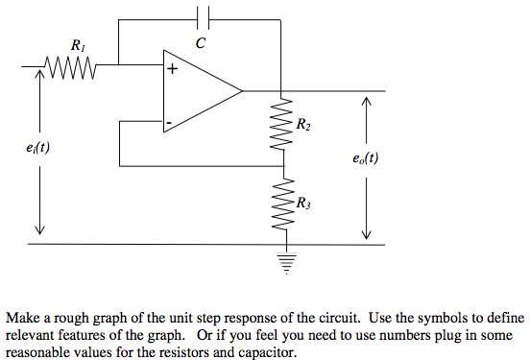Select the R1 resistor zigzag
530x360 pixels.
68,67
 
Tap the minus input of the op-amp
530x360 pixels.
170,123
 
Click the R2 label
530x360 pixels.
303,125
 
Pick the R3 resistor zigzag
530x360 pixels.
283,203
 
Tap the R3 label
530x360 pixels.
303,203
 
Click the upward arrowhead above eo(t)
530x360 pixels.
365,99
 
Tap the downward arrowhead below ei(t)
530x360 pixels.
39,228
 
